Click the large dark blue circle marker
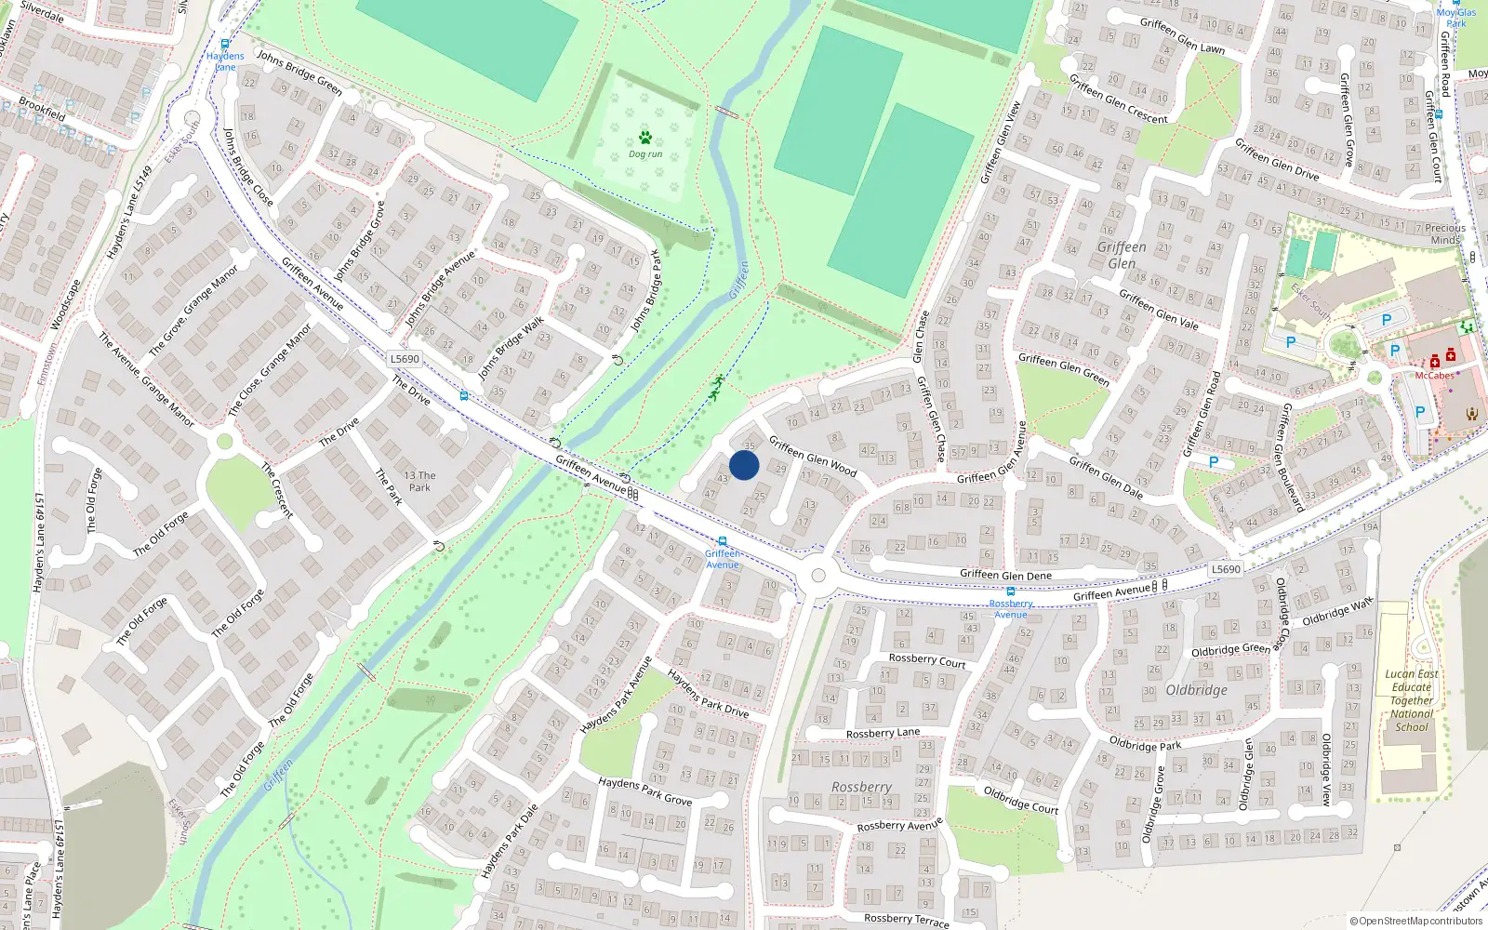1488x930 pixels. (744, 465)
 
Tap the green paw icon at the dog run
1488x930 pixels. (645, 138)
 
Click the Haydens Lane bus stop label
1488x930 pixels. (225, 61)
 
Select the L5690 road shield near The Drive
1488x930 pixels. (405, 359)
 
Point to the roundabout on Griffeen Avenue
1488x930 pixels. (818, 576)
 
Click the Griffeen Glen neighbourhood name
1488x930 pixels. (1122, 255)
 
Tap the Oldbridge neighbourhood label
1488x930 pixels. (1196, 690)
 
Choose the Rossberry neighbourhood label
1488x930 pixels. (861, 787)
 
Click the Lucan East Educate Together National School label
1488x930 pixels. (1412, 700)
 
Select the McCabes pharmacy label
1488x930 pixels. (1434, 376)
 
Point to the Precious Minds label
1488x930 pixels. (1444, 233)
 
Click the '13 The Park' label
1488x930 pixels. (419, 481)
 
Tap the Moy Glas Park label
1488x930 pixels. (1456, 17)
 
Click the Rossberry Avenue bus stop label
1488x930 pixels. (1011, 609)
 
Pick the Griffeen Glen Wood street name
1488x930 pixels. (813, 456)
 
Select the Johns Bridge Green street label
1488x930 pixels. (299, 73)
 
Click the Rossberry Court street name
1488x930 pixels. (927, 660)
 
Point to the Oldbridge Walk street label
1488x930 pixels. (1337, 612)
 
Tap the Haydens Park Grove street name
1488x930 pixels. (644, 790)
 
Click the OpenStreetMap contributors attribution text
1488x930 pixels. (1415, 922)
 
